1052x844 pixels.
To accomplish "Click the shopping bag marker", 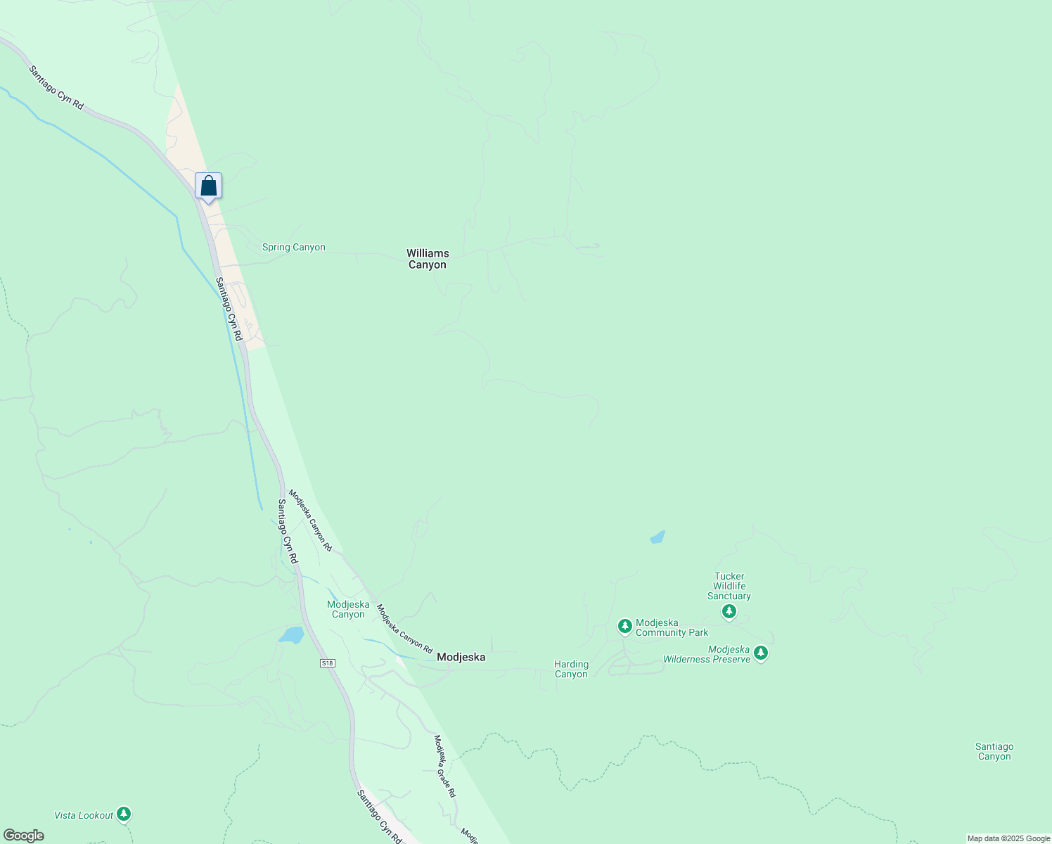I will (208, 187).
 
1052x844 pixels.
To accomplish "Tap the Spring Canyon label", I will (293, 248).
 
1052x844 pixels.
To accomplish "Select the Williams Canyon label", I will (428, 259).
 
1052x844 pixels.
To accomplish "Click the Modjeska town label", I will (461, 657).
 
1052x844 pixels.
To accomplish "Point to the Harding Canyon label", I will (571, 669).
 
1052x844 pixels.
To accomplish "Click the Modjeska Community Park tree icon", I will (624, 626).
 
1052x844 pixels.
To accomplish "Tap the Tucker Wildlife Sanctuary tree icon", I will (729, 611).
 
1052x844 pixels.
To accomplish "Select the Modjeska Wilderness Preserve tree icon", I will (760, 653).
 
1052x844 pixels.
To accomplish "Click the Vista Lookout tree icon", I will (124, 814).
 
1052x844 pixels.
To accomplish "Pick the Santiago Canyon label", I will (994, 752).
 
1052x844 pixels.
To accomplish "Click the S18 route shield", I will (326, 663).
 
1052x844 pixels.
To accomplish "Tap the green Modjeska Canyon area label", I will (348, 609).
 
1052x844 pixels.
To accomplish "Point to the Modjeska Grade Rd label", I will (444, 766).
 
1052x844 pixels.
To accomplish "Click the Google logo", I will (23, 836).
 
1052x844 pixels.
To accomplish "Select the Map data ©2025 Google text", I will (1008, 838).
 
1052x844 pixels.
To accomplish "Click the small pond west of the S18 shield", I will (291, 636).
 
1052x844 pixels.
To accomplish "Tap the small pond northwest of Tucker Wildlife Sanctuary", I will (657, 537).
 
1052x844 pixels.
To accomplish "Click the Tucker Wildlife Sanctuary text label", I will (729, 586).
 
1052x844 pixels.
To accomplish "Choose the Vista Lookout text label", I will (84, 816).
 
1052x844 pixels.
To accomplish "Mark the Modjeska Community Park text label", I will (672, 627).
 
